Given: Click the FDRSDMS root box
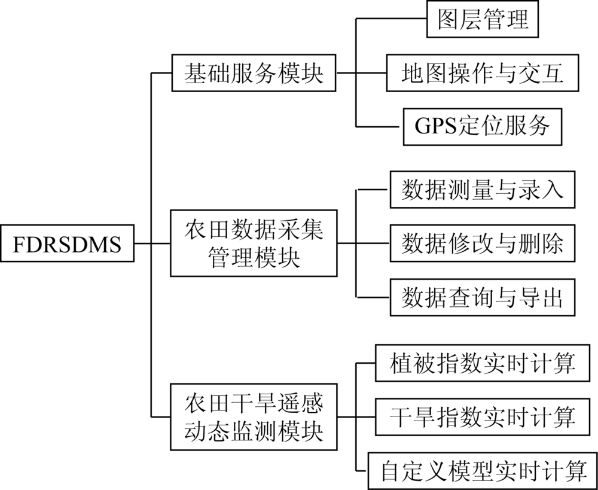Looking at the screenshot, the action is [x=67, y=243].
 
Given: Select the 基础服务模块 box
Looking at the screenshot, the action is [x=254, y=73].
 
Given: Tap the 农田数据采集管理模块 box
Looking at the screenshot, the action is [x=254, y=243].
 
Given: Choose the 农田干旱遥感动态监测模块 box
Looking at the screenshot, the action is [x=254, y=417].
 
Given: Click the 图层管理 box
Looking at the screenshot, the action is [x=483, y=19].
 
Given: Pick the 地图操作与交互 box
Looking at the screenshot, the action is [x=483, y=73].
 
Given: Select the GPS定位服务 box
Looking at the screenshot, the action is [x=483, y=127].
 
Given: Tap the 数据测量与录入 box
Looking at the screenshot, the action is [x=483, y=189].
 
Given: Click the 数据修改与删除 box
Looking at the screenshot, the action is [x=483, y=243].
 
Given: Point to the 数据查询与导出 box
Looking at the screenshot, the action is [x=483, y=297].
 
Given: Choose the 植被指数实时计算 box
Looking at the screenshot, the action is [x=483, y=363].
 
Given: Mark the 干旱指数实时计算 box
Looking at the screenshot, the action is [x=483, y=417].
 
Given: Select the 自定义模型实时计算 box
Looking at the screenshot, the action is [x=483, y=471].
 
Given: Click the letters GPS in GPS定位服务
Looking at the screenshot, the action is [x=435, y=126].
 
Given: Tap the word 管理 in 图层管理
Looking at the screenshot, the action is [x=506, y=19].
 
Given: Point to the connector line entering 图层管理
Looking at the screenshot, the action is [x=391, y=19].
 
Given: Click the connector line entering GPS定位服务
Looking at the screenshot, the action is [x=380, y=127].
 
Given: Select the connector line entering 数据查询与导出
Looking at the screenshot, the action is [x=373, y=297].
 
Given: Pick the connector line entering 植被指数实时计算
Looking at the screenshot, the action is [x=365, y=363].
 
